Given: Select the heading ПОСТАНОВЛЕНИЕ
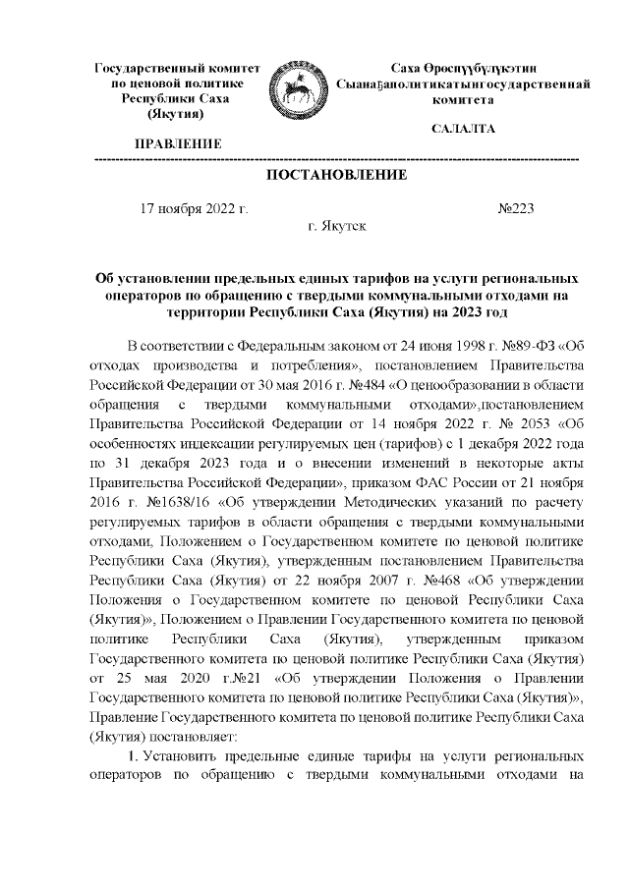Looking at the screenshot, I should tap(336, 176).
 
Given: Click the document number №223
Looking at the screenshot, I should tap(517, 208).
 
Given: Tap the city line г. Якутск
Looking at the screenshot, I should tap(336, 226).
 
